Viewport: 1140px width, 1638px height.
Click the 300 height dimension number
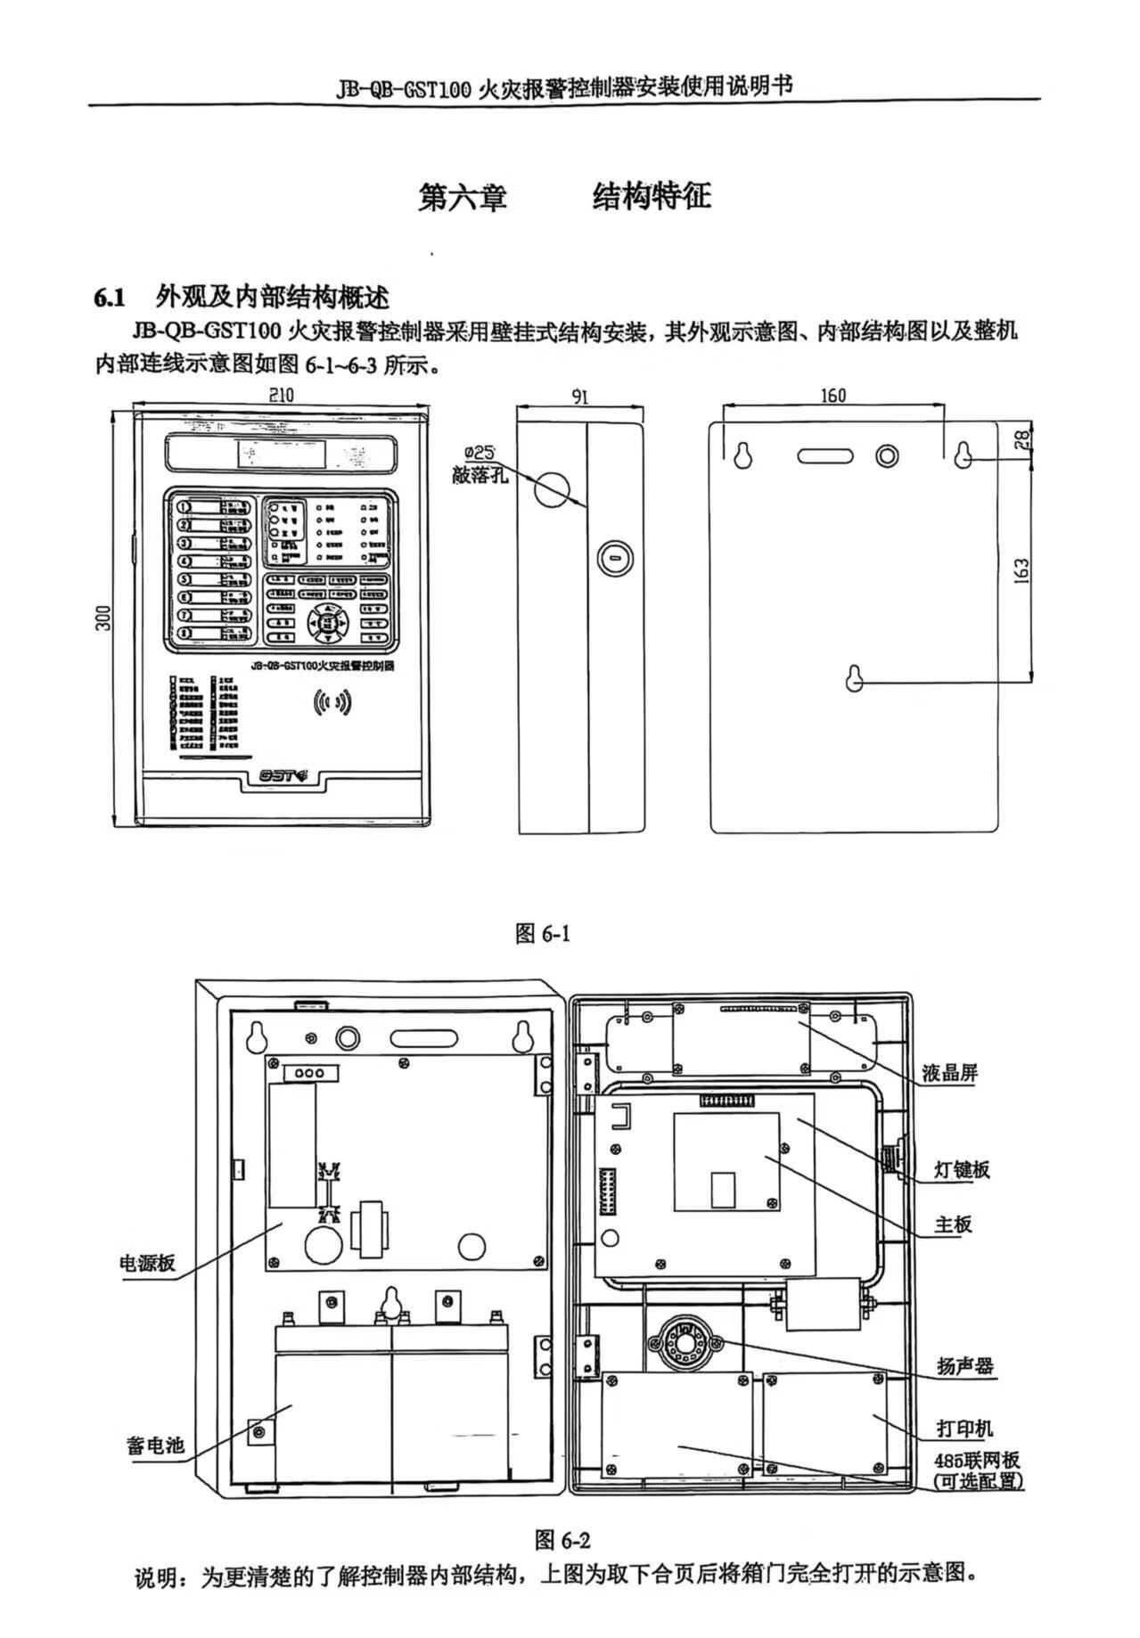104,618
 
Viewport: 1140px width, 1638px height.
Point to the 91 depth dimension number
580,396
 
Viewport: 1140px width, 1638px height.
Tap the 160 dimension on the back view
832,396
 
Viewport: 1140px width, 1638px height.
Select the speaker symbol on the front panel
332,703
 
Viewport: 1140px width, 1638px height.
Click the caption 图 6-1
543,933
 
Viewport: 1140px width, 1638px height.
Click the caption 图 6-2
562,1539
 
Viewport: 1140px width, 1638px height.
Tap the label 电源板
148,1263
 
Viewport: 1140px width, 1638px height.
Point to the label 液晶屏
950,1073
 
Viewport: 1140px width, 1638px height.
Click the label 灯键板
962,1169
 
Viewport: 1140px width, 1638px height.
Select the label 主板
953,1224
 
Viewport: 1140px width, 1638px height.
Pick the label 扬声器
964,1366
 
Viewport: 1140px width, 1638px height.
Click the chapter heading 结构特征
652,197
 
